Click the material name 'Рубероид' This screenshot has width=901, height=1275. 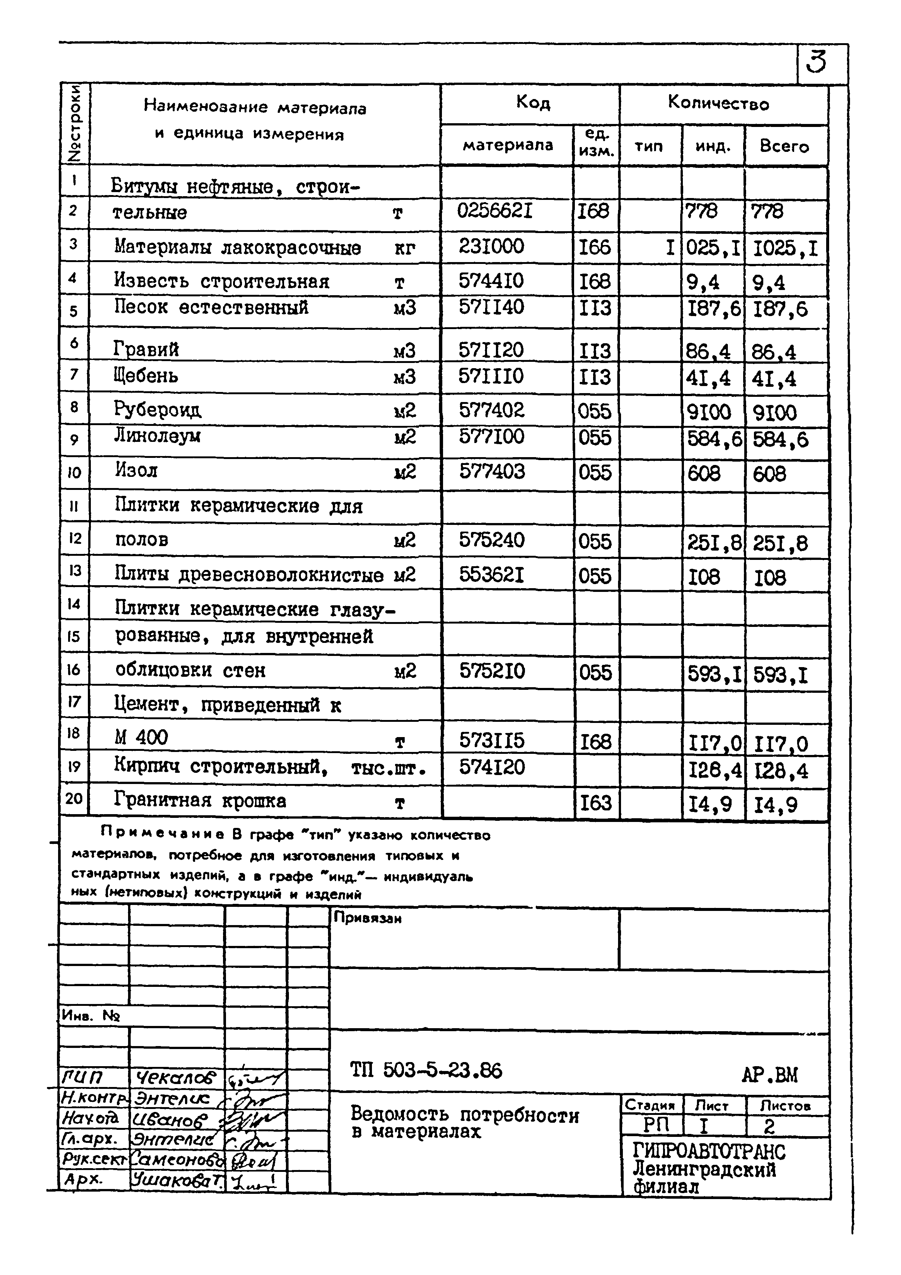[158, 410]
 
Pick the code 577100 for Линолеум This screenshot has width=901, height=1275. [491, 436]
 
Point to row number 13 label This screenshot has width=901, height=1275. [75, 571]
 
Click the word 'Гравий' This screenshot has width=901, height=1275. [146, 349]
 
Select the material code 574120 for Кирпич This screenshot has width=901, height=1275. [491, 768]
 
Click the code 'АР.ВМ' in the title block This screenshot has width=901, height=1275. [769, 1075]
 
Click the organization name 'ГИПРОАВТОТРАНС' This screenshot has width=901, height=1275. [709, 1151]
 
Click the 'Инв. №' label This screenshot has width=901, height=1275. [90, 1016]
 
